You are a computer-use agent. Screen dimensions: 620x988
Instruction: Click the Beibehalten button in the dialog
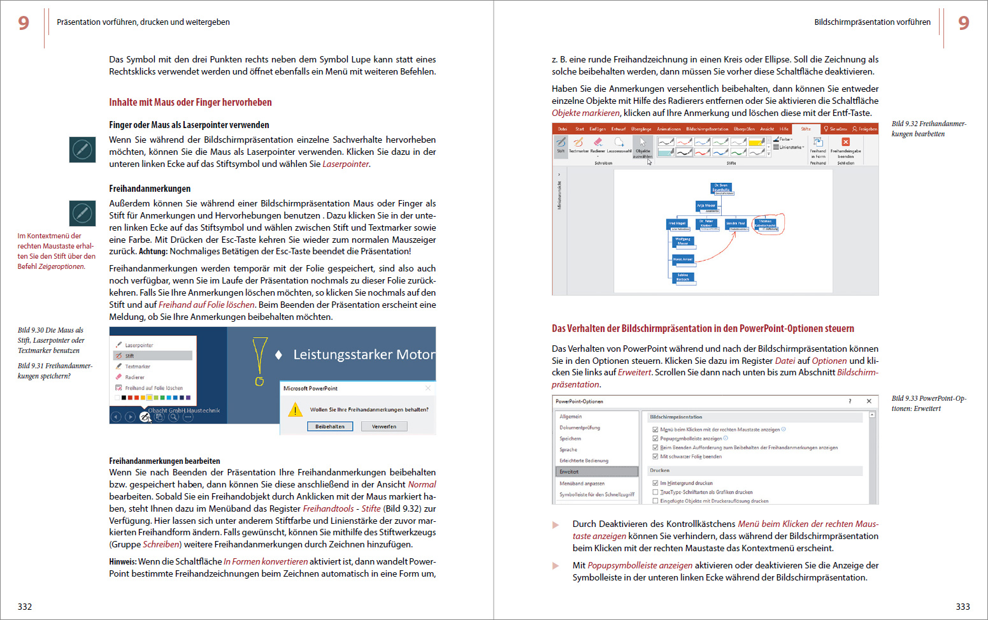[329, 426]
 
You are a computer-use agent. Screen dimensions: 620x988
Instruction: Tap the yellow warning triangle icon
[295, 410]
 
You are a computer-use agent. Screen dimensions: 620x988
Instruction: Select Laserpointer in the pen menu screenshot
[139, 345]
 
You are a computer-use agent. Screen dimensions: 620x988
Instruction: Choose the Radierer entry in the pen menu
[134, 377]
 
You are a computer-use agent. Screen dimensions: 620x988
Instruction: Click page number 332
[25, 607]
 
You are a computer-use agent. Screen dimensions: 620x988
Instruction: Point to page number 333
[963, 607]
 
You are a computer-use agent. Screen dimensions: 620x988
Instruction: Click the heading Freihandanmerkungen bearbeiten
[164, 461]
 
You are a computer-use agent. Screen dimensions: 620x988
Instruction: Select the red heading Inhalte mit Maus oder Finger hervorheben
[190, 102]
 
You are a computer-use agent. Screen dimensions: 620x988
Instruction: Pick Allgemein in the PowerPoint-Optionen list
[571, 417]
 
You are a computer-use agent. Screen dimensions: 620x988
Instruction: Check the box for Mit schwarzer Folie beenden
[655, 456]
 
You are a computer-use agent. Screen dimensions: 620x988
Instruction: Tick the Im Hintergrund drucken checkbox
[655, 483]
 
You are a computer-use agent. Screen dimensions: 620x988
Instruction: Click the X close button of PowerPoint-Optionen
[869, 401]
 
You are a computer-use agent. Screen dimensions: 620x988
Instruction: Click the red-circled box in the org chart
[766, 224]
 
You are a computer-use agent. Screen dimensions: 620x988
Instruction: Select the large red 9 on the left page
[24, 24]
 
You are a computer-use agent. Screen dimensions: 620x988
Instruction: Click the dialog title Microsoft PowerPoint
[310, 388]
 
